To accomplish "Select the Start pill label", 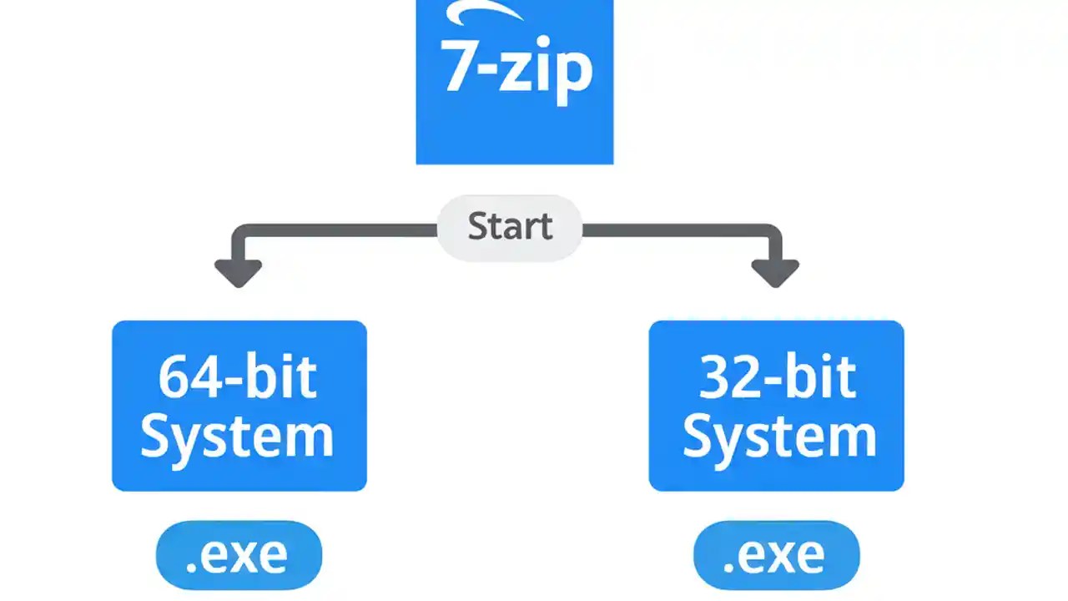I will tap(510, 227).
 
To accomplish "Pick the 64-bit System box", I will tap(239, 406).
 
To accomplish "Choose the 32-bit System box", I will tap(776, 406).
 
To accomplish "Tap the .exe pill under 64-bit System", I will tap(239, 555).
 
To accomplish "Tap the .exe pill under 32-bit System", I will tap(776, 555).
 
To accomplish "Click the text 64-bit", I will tap(238, 377).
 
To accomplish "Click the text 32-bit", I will tap(777, 377).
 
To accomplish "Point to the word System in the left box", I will tap(237, 436).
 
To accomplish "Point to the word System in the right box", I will tap(779, 436).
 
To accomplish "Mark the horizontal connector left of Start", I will tap(334, 228).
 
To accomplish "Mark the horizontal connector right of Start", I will tap(680, 228).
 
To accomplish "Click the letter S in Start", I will tap(479, 227).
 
